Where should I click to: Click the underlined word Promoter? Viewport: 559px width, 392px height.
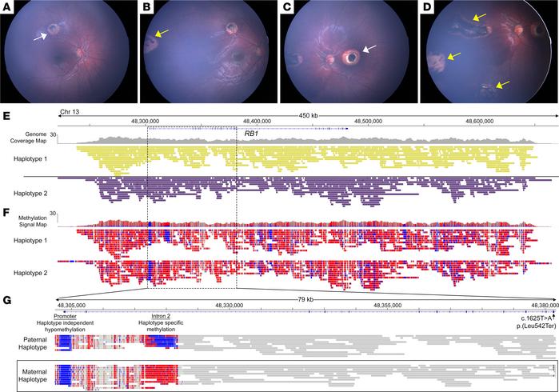pos(66,315)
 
